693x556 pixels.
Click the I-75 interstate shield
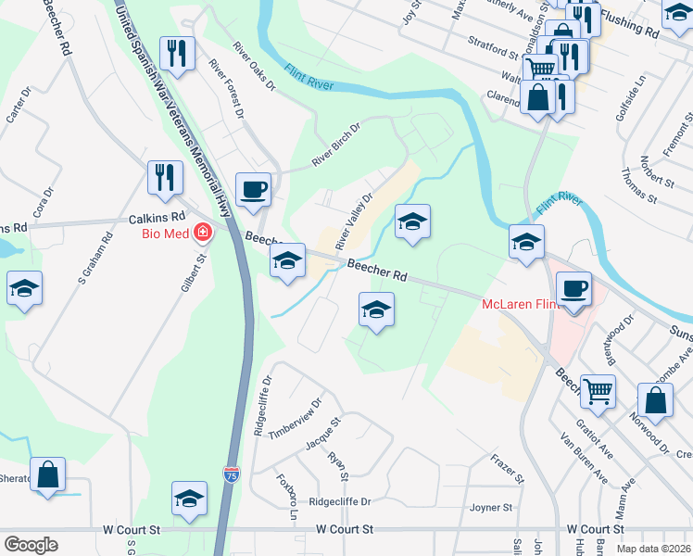click(x=231, y=475)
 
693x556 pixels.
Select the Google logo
click(x=31, y=544)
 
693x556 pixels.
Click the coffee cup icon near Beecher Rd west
click(x=253, y=191)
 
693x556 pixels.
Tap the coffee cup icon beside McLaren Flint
click(x=574, y=288)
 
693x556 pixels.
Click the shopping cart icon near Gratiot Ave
click(x=598, y=391)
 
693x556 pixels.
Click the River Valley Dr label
click(x=353, y=221)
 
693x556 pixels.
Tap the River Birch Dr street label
click(x=334, y=145)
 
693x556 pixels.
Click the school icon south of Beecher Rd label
click(x=376, y=310)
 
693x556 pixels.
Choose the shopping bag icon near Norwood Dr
click(x=655, y=399)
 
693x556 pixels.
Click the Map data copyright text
click(x=653, y=549)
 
